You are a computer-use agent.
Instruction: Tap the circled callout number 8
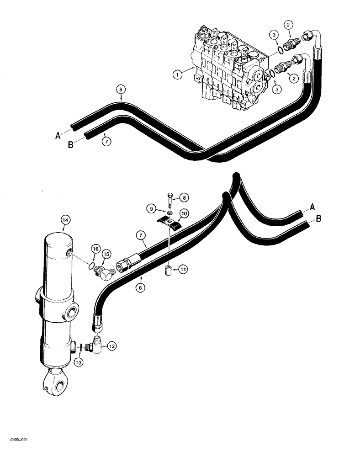pos(184,197)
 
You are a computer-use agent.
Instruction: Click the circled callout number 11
pos(182,271)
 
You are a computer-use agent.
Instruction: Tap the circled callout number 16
pos(95,249)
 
